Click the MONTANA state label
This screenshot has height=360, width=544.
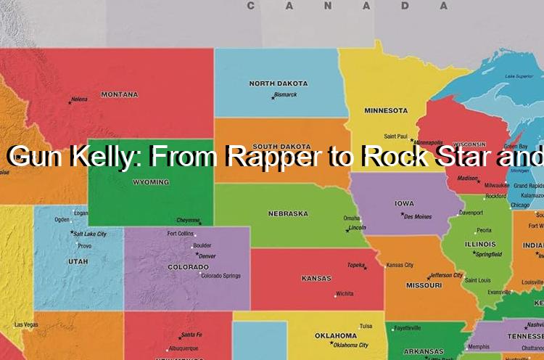[120, 94]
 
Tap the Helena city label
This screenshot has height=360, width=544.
[79, 99]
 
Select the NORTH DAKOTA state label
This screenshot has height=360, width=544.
[278, 83]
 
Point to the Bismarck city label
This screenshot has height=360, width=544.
[286, 94]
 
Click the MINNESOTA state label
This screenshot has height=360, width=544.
[386, 110]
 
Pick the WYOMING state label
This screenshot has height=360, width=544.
[151, 182]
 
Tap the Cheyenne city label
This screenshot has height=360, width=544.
[188, 220]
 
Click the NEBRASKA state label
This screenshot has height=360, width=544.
[288, 213]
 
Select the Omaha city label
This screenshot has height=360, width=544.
[352, 218]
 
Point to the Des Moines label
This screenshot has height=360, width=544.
[418, 216]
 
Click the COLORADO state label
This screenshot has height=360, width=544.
[189, 266]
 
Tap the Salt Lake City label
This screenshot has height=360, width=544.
[90, 234]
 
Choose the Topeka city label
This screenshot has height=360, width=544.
[355, 265]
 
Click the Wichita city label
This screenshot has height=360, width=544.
[345, 294]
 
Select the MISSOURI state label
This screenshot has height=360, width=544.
[424, 285]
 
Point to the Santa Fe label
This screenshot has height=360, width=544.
[191, 335]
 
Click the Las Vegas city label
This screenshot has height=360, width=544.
[25, 324]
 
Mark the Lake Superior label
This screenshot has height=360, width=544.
[519, 75]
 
